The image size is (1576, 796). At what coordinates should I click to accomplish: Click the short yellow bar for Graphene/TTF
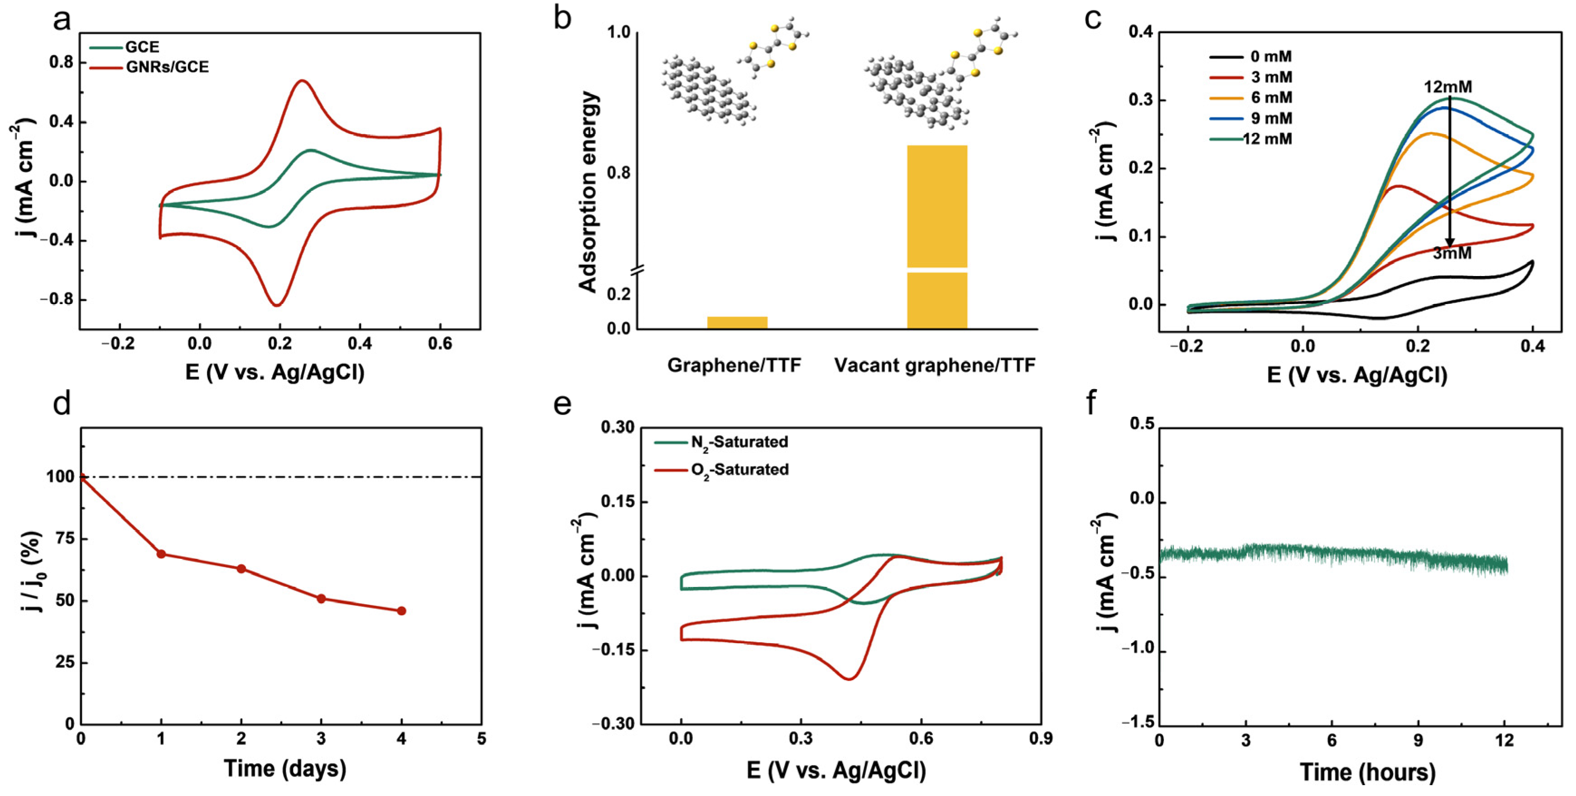point(737,322)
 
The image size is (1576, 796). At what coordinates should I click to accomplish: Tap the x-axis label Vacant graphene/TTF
point(934,366)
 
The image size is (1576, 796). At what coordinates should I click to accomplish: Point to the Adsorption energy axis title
point(588,192)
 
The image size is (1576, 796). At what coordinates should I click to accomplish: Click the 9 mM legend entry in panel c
point(1271,118)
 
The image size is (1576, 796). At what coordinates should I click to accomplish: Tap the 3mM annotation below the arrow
point(1452,253)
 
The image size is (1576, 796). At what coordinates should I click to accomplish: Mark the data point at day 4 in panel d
point(401,611)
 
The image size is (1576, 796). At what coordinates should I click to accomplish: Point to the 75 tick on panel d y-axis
point(65,539)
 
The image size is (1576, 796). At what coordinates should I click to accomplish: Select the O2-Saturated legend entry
point(739,470)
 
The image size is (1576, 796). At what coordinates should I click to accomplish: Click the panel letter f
point(1091,404)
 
